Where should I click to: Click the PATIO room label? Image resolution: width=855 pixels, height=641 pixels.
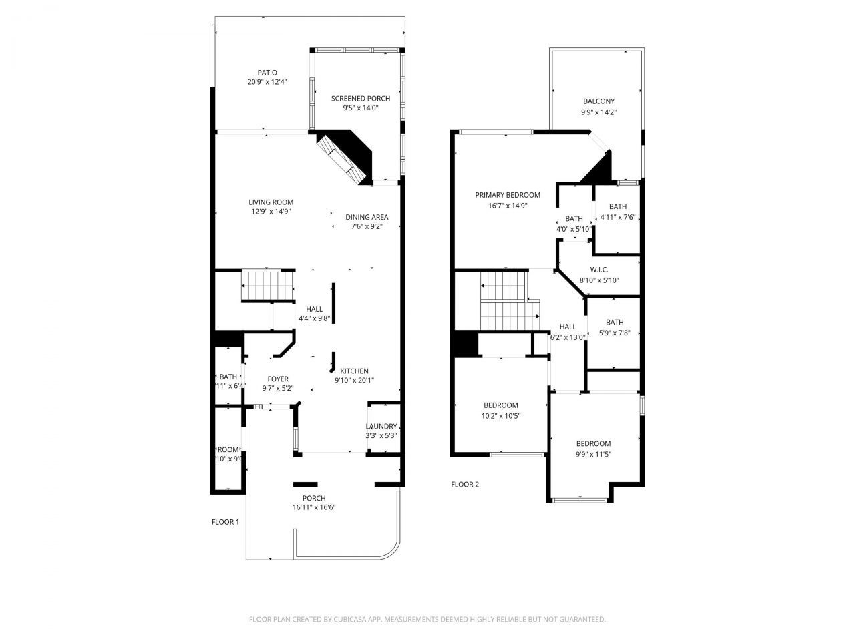pos(267,73)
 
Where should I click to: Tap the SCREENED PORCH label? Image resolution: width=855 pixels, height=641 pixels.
pos(361,99)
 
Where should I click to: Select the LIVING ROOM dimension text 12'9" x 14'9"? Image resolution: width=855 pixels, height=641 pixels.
pos(271,212)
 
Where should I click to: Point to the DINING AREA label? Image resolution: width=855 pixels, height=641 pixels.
pos(367,217)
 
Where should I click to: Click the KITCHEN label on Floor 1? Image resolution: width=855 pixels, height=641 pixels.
pos(354,371)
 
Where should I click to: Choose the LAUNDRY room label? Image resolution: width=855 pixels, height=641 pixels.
pos(381,427)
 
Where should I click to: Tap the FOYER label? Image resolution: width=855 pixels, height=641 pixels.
pos(278,379)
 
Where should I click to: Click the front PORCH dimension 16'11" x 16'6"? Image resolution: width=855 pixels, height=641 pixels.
pos(314,507)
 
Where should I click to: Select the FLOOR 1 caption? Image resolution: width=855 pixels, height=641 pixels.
pos(225,522)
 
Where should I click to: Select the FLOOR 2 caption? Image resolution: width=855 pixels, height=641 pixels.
pos(465,485)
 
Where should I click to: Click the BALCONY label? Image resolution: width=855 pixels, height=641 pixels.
pos(598,101)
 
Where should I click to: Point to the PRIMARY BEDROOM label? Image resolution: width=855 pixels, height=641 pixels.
pos(508,195)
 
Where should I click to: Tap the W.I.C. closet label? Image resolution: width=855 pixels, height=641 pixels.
pos(598,270)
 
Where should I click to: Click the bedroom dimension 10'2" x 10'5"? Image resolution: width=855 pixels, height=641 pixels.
pos(501,416)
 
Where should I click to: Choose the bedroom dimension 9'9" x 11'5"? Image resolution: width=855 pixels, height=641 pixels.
pos(593,454)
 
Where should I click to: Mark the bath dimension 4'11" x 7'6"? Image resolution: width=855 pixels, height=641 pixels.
pos(617,217)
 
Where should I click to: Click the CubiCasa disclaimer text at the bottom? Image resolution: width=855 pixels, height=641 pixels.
pos(427,620)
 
